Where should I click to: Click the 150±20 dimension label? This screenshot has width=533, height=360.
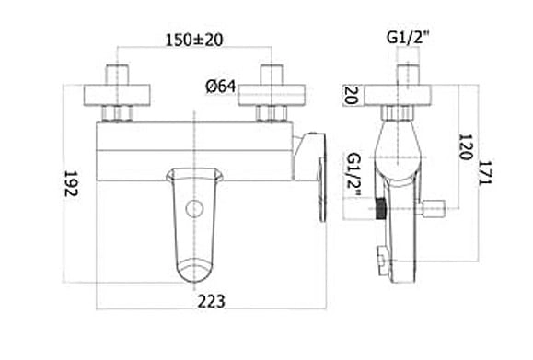click(194, 40)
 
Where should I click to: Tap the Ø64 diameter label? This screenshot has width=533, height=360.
click(221, 87)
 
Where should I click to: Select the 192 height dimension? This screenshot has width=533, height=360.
click(71, 183)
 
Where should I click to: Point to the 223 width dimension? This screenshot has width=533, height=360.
click(211, 301)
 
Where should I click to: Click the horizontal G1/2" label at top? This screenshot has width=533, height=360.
click(408, 37)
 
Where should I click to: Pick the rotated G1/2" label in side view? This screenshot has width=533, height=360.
click(353, 176)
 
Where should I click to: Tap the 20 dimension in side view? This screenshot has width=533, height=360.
click(351, 95)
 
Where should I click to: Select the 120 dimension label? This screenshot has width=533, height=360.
click(466, 147)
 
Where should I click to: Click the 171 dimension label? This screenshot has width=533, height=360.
click(485, 173)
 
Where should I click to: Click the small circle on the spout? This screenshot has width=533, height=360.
click(194, 209)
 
